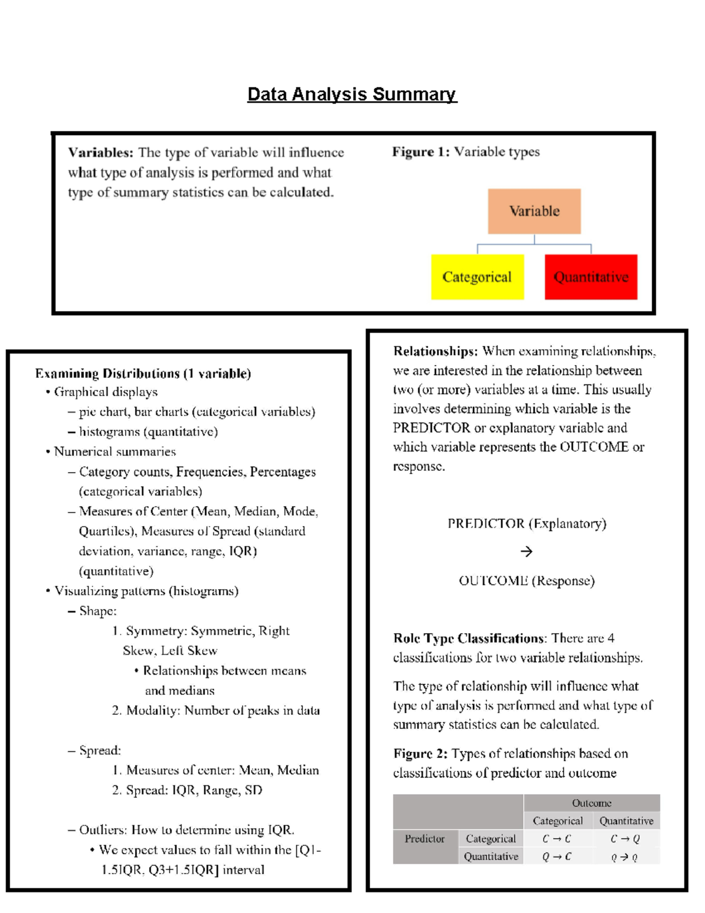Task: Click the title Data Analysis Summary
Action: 352,94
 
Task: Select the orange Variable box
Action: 534,211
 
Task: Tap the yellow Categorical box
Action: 477,277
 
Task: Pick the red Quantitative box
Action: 590,277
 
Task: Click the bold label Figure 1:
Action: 421,152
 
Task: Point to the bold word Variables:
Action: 101,152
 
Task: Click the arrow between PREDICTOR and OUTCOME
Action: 526,551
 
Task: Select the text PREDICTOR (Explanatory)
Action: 526,523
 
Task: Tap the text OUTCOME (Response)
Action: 526,581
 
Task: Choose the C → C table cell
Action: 556,839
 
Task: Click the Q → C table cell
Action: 556,857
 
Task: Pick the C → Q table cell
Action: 625,839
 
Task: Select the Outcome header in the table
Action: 591,803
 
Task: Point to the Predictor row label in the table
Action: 424,839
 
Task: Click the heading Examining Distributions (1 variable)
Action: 143,373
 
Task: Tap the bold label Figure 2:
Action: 420,754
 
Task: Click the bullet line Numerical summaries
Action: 115,452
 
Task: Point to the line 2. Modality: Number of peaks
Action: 216,710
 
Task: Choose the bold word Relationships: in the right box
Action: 435,351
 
